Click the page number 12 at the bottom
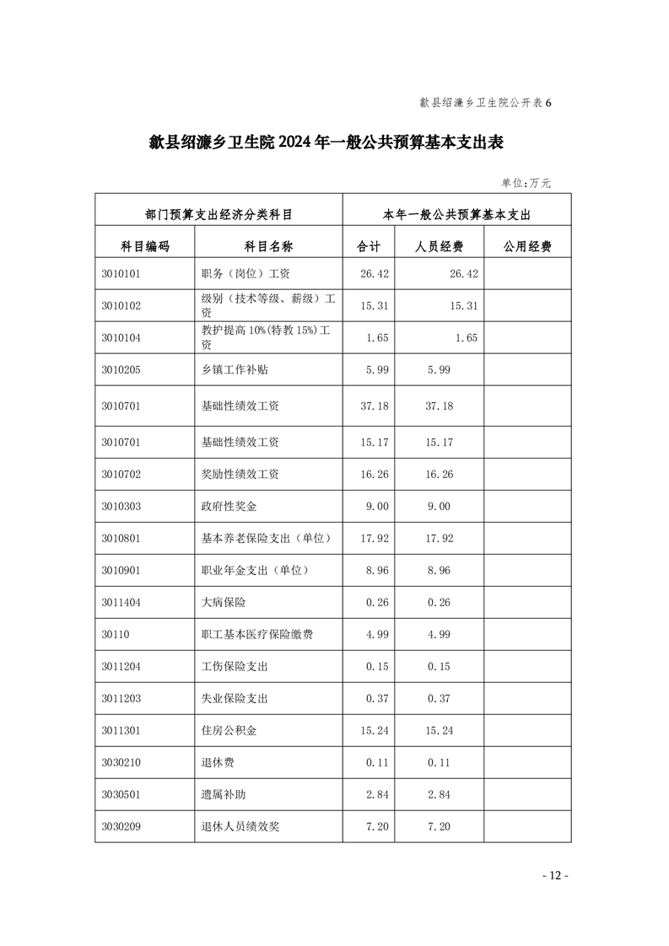[x=554, y=875]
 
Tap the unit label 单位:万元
[x=526, y=182]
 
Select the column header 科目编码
[x=144, y=246]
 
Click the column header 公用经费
[x=527, y=246]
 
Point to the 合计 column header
[x=370, y=246]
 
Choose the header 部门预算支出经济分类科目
[x=219, y=215]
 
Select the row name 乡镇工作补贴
[x=235, y=369]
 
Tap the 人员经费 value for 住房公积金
[x=440, y=730]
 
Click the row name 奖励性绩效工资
[x=240, y=474]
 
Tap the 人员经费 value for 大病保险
[x=440, y=602]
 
